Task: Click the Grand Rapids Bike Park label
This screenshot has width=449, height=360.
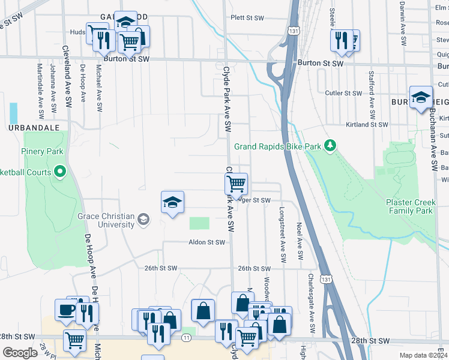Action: pos(278,146)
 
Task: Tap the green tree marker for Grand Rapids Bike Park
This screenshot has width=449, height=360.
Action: pos(330,146)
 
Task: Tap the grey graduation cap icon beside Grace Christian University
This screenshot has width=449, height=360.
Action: pos(143,220)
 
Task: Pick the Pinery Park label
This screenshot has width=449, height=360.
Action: pos(44,151)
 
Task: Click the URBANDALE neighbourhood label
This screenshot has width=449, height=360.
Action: pos(34,128)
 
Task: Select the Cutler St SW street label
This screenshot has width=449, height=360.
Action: pos(343,93)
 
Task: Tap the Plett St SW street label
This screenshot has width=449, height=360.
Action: pos(247,19)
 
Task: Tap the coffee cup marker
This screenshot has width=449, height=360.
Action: pos(65,310)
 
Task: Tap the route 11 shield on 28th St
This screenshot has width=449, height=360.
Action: pos(187,338)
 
